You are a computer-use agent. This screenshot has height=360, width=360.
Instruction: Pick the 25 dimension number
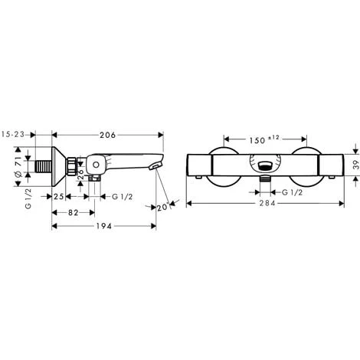point(58,195)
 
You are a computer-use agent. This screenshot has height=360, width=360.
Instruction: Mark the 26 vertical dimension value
point(83,172)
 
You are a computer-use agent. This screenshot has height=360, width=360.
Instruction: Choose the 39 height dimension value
point(355,164)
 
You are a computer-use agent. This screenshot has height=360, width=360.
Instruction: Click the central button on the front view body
point(264,164)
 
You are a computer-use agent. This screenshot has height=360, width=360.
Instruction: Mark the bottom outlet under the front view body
point(264,180)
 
